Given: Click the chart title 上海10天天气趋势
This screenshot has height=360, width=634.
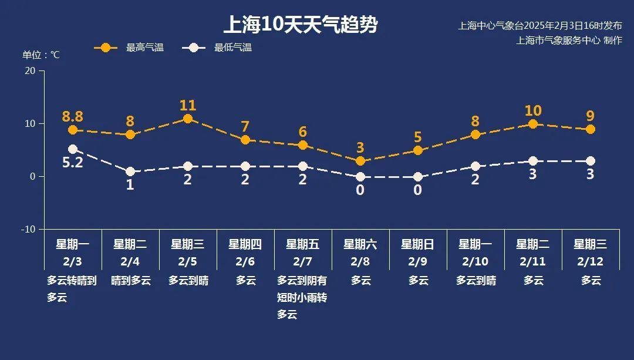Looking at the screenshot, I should tap(300, 25).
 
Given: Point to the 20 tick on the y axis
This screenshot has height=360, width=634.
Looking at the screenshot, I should tap(29, 71).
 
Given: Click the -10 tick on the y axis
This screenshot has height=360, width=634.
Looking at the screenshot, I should tap(28, 229).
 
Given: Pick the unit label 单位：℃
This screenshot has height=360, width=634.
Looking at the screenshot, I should tap(41, 55).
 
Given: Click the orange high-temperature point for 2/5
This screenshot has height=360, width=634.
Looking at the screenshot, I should tap(188, 119).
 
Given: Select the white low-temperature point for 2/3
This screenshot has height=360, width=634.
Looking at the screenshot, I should tap(73, 149).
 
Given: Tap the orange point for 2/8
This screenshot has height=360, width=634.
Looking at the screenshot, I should tap(360, 161).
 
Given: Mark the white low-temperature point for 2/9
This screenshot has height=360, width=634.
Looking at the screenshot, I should tap(418, 177).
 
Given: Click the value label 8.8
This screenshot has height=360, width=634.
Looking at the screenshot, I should tap(73, 116).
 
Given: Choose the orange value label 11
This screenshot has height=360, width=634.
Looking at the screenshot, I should tap(188, 106).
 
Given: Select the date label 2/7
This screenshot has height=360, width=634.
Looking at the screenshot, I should tap(303, 261).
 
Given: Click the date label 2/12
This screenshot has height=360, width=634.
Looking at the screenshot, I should tap(591, 261).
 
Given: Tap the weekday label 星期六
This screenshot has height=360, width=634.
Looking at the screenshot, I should tap(360, 244).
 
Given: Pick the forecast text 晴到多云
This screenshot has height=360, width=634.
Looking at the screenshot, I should tap(130, 281).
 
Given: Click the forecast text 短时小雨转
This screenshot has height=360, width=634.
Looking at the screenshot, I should tap(302, 298).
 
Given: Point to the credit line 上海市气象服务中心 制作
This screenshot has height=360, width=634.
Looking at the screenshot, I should tap(568, 40).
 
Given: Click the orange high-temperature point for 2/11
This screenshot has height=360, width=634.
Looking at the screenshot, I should tap(533, 124).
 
